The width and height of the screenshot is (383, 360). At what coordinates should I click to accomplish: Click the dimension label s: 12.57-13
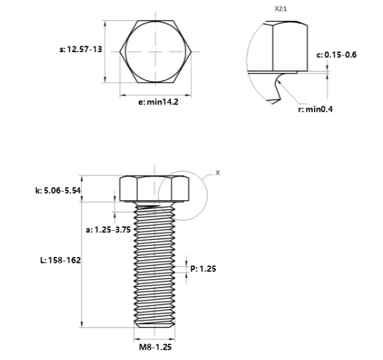click(x=81, y=49)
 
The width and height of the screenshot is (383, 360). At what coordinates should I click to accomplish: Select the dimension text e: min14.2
click(x=158, y=102)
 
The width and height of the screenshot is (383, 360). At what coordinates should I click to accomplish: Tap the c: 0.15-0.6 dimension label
click(x=337, y=55)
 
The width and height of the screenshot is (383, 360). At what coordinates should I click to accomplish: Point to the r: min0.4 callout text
click(x=315, y=109)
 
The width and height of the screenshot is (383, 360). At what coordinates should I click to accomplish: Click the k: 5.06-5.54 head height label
click(x=58, y=190)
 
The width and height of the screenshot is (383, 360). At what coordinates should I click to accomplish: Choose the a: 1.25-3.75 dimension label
click(x=108, y=230)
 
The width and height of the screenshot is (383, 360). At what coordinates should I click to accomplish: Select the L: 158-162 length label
click(x=61, y=260)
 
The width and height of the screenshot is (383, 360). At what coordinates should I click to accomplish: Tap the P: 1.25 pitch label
click(x=203, y=269)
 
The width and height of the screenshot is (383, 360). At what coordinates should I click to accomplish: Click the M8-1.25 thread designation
click(x=155, y=347)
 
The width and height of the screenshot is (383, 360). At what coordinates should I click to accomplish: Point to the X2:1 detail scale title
click(x=281, y=9)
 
